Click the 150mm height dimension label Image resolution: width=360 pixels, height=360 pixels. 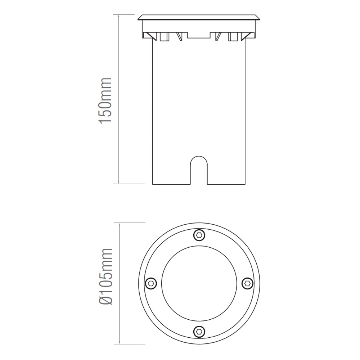coord(105,100)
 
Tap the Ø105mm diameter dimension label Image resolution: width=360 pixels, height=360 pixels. coord(105,276)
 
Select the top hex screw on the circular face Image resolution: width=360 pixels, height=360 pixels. coord(199,235)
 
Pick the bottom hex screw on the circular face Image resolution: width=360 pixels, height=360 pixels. coord(199,330)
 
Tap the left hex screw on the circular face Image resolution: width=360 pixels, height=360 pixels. coord(151,283)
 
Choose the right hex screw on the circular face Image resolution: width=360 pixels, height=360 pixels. coord(247,283)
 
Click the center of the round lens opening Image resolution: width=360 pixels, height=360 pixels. coord(199,283)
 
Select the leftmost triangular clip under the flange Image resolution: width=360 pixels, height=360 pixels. coord(148,36)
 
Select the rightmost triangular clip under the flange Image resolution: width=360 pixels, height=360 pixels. coord(249,36)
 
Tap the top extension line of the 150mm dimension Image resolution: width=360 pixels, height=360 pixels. coord(124,15)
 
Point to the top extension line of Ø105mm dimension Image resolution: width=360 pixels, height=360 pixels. coord(130,223)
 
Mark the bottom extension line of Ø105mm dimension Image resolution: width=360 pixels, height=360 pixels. coord(130,344)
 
